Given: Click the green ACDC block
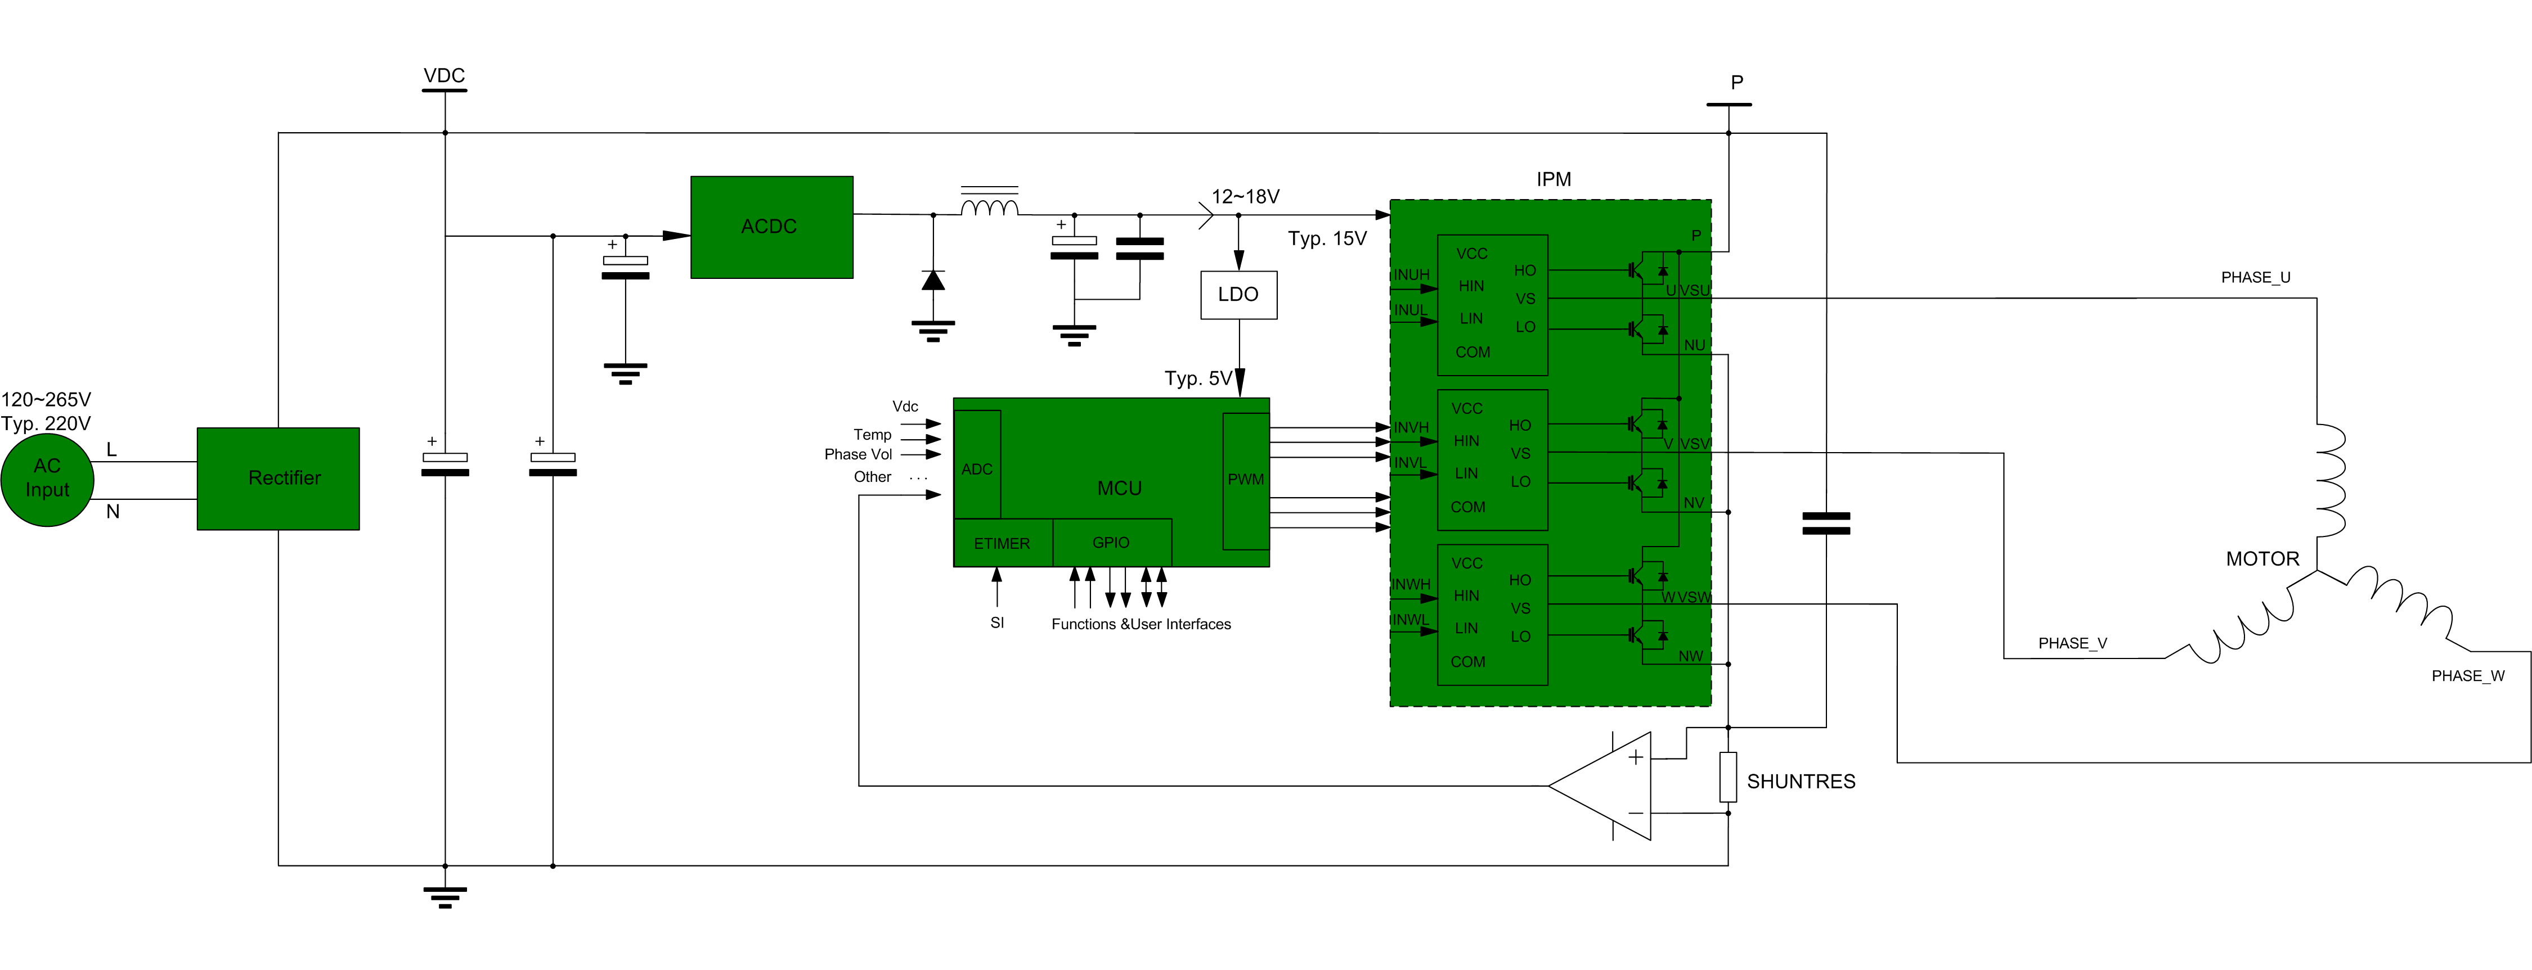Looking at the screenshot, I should [x=771, y=227].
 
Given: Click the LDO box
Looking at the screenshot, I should [x=1238, y=295].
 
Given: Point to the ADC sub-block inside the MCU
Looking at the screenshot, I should [x=977, y=464].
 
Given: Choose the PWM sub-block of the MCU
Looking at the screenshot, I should [x=1245, y=481].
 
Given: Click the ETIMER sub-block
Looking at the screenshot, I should [x=1002, y=543].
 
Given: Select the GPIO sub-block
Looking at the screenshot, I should [x=1112, y=543].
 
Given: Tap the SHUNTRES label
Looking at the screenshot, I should [x=1801, y=781].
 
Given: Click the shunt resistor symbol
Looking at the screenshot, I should [x=1728, y=777].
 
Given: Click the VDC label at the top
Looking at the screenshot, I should [x=445, y=76].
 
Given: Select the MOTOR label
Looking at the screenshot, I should [x=2262, y=559].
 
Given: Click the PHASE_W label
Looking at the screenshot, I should [x=2467, y=676].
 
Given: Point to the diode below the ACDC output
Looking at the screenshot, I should [x=933, y=281].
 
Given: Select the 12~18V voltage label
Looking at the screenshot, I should [x=1245, y=197].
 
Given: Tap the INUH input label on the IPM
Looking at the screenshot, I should [x=1412, y=275].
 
